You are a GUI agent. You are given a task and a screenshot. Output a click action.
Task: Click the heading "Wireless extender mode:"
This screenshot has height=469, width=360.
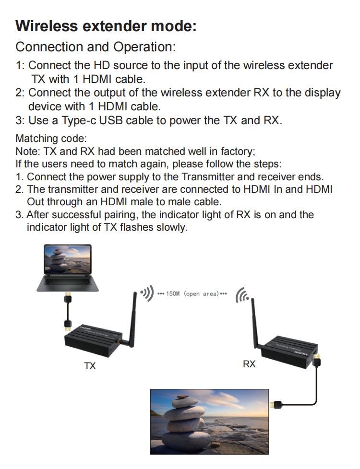coord(106,26)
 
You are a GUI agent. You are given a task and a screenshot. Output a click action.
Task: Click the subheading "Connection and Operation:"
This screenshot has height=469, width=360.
coord(96,47)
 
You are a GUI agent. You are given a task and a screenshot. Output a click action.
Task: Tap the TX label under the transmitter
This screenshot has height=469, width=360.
coord(90,366)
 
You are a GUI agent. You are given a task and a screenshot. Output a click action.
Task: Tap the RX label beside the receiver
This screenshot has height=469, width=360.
coord(249,364)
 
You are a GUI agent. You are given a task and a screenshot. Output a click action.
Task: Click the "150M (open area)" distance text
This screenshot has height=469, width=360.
coord(192,293)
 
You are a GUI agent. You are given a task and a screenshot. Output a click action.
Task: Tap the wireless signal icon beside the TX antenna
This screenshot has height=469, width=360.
coord(146,293)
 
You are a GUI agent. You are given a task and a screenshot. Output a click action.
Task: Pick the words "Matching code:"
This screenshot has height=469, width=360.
coord(51,139)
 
